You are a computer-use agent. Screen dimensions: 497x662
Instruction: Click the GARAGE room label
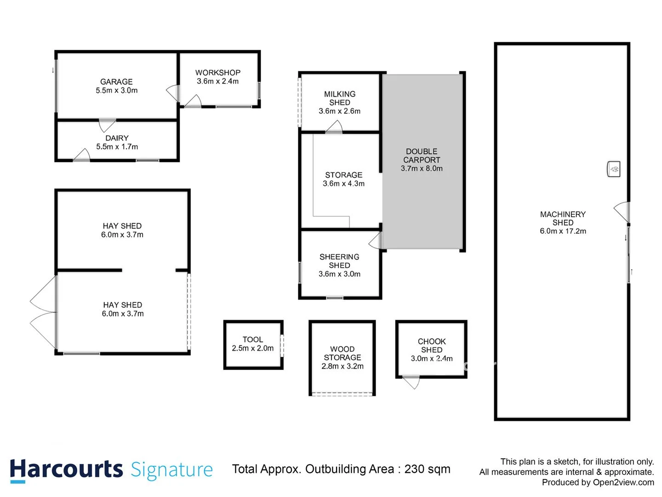click(x=116, y=81)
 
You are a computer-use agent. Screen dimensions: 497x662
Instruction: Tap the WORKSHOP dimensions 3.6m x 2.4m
click(x=217, y=81)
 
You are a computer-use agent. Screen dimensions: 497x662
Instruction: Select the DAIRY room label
click(x=117, y=138)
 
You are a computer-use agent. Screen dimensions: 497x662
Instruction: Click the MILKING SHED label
click(x=340, y=98)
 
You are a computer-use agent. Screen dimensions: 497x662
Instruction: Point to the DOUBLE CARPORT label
click(x=422, y=156)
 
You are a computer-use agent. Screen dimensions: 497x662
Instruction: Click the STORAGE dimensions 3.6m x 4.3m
click(x=343, y=184)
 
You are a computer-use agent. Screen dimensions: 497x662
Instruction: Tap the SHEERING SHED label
click(x=339, y=261)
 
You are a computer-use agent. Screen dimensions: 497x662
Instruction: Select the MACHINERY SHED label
click(x=563, y=218)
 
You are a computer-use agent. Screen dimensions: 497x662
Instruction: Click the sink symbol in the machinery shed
click(x=614, y=169)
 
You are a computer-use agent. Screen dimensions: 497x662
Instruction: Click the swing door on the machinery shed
click(x=622, y=211)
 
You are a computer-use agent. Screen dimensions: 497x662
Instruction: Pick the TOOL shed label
click(x=253, y=340)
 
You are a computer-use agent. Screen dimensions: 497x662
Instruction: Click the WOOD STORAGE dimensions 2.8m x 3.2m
click(x=342, y=366)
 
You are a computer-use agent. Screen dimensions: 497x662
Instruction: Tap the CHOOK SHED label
click(x=432, y=346)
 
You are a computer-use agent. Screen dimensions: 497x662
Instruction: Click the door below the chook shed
click(x=411, y=381)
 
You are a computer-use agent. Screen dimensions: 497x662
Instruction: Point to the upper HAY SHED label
click(x=122, y=226)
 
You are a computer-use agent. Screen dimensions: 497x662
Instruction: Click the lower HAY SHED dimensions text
click(x=123, y=314)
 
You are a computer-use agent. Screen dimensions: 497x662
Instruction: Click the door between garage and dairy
click(x=107, y=125)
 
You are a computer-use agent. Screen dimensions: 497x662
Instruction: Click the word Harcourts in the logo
click(x=66, y=470)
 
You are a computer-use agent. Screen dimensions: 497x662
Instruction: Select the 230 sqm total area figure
click(x=427, y=469)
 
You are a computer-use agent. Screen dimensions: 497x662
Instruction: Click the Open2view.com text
click(x=623, y=482)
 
